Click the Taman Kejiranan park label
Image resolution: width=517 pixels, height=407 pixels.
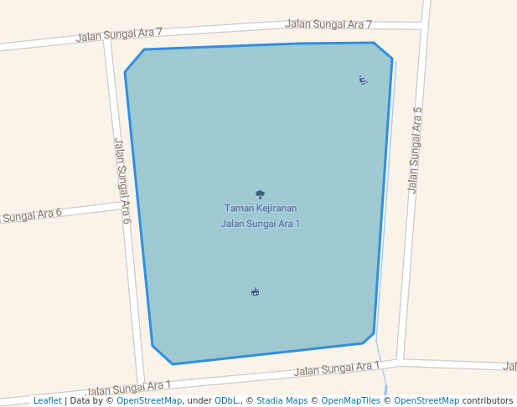pos(260,209)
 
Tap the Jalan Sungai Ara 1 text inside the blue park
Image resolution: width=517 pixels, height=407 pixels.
pos(260,224)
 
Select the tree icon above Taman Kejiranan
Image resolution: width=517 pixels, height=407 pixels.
pos(260,194)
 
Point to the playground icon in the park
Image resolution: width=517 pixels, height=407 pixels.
pos(363,80)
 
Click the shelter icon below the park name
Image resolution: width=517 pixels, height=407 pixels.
pos(255,291)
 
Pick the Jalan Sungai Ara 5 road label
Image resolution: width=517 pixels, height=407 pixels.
pos(414,151)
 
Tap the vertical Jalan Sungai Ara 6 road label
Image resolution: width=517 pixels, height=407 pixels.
pos(122,181)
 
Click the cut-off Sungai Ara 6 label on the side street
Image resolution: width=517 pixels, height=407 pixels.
pos(31,215)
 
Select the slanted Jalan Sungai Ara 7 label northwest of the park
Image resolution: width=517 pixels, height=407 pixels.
pos(119,34)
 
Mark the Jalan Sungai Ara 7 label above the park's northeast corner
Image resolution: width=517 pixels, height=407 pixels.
pos(328,24)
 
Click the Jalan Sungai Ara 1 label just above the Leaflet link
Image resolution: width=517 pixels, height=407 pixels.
pos(128,388)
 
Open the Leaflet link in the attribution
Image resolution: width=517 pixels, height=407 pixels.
pos(47,401)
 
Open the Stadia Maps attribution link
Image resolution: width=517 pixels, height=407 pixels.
pos(282,401)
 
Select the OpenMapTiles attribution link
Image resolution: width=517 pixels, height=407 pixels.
pos(350,401)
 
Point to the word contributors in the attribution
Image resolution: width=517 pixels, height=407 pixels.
pos(488,401)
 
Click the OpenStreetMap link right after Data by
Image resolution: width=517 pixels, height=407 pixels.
pos(148,401)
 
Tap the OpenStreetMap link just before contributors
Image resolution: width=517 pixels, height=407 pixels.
pos(427,401)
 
